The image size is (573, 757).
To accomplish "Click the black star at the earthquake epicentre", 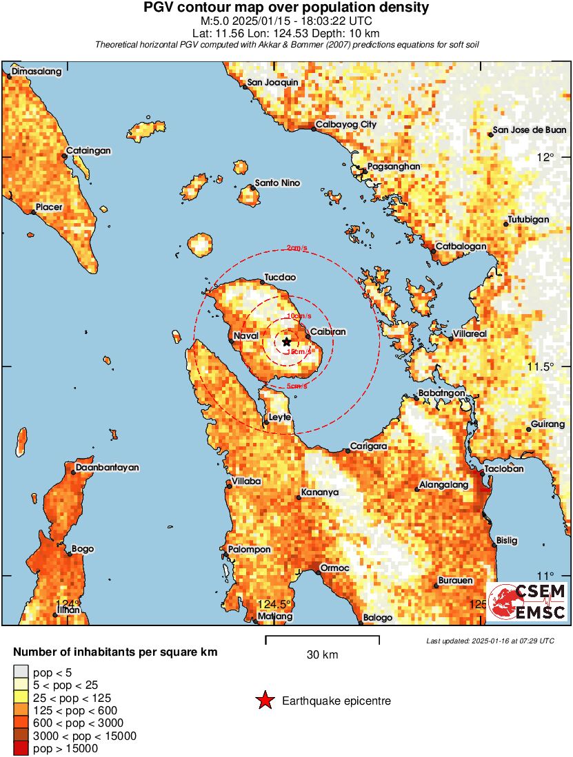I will (x=287, y=342).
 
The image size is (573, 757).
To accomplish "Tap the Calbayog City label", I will (x=345, y=125).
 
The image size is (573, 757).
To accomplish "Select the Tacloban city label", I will (x=504, y=468).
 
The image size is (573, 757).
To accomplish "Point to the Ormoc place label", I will (x=336, y=568).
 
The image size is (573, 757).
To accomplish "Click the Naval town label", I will (x=246, y=335).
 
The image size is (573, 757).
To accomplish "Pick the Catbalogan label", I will (x=461, y=246).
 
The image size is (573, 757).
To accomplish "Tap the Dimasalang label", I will (x=37, y=72).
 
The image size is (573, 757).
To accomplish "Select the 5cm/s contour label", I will (x=296, y=386).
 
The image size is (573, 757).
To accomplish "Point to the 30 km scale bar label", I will (x=322, y=655).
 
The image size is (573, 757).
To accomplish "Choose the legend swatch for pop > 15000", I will (x=21, y=749).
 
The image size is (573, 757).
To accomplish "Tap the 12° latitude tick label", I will (x=546, y=157).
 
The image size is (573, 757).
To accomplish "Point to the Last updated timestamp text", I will (x=490, y=641).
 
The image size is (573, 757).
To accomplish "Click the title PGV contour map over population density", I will (x=286, y=8).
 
